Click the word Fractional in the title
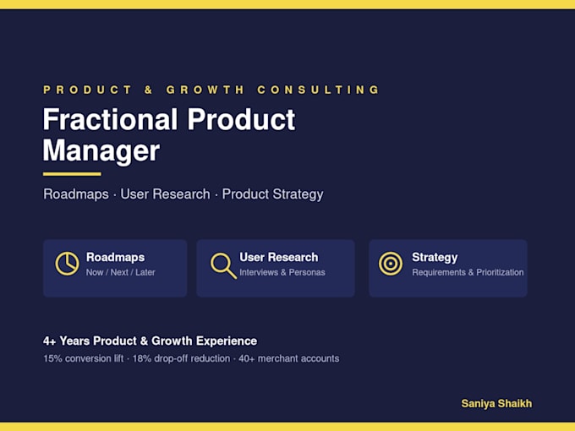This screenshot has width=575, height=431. tap(111, 119)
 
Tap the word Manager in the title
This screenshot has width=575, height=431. tap(101, 150)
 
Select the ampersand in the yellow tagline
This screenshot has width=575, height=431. tap(148, 90)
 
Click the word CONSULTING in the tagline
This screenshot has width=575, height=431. tap(318, 90)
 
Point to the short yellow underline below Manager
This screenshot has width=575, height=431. tap(72, 174)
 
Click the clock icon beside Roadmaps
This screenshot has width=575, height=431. tap(67, 264)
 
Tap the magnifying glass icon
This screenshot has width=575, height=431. tap(223, 265)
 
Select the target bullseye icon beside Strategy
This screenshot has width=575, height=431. tap(391, 264)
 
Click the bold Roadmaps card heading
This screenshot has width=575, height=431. tap(116, 257)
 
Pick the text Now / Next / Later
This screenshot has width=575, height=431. tap(121, 272)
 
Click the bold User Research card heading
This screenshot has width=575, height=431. tap(279, 257)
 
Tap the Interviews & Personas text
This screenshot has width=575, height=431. tap(282, 272)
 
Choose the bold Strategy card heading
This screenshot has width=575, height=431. tap(435, 258)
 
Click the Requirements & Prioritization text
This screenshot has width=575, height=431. tap(468, 272)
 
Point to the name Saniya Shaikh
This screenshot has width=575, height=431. tap(496, 403)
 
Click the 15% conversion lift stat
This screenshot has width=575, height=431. tap(83, 358)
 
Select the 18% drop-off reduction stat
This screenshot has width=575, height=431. tap(181, 358)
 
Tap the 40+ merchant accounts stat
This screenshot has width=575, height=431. tap(289, 358)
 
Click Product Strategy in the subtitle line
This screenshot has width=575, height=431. tap(272, 194)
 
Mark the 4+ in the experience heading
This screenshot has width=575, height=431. tap(50, 341)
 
